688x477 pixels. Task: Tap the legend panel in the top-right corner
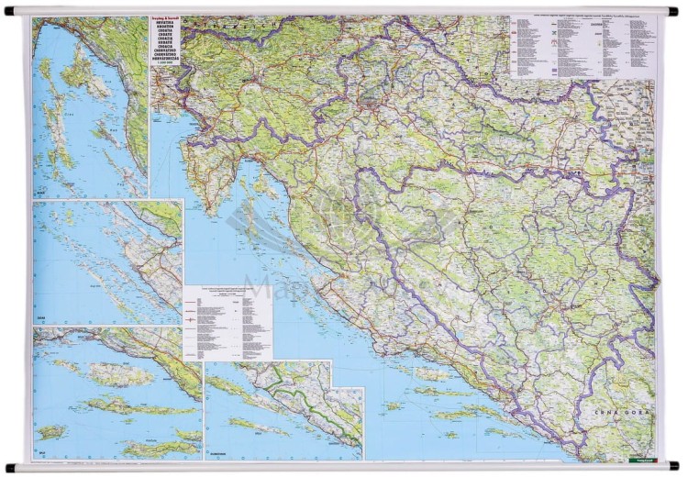583,46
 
